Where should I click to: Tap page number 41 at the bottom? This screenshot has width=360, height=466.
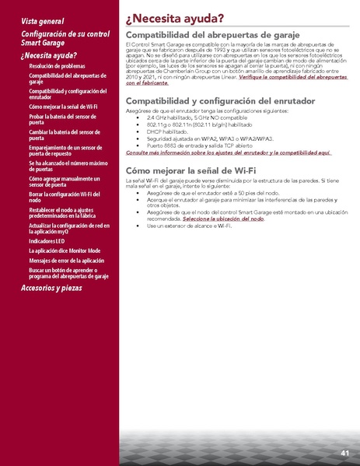344,452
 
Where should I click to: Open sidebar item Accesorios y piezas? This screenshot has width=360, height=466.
61,287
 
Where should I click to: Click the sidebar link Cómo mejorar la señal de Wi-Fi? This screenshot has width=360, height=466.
63,106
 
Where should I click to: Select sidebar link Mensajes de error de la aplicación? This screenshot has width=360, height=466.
66,261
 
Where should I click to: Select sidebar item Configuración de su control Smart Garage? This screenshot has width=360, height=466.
65,40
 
